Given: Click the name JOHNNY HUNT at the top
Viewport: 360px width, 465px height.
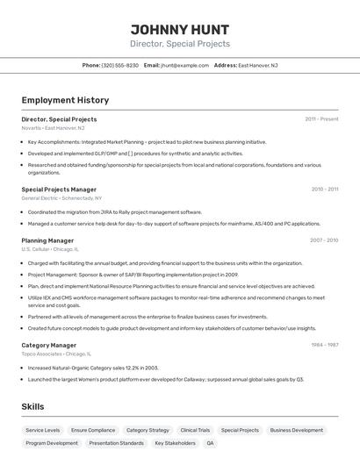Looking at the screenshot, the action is tap(180, 28).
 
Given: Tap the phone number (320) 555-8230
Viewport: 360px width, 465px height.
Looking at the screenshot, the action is tap(120, 65).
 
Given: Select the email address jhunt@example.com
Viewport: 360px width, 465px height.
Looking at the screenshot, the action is tap(184, 65).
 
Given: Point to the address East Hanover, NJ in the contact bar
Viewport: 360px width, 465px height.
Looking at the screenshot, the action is tap(258, 65).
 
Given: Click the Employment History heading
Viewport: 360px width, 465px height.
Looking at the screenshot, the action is tap(65, 100).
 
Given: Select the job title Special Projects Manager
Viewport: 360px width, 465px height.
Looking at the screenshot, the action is tap(59, 190).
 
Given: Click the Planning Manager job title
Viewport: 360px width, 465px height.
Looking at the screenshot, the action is tap(47, 240).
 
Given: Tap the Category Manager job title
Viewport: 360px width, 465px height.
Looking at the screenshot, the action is tap(49, 345).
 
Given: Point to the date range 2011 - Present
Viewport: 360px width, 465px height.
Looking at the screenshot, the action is tap(321, 119).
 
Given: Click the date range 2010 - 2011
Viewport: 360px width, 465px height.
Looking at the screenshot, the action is tap(324, 190).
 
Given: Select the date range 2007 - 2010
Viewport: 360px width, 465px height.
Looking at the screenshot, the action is tap(324, 240).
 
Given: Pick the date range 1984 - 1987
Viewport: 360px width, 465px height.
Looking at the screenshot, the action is tap(324, 345).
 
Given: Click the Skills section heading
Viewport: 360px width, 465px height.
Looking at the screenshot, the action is tap(33, 406).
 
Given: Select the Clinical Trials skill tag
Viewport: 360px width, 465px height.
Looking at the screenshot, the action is tap(195, 431).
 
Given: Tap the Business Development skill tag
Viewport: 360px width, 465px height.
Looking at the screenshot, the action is tap(296, 431).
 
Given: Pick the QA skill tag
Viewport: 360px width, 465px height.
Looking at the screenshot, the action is tap(210, 444).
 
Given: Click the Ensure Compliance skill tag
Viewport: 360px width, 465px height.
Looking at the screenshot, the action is tap(93, 431).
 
